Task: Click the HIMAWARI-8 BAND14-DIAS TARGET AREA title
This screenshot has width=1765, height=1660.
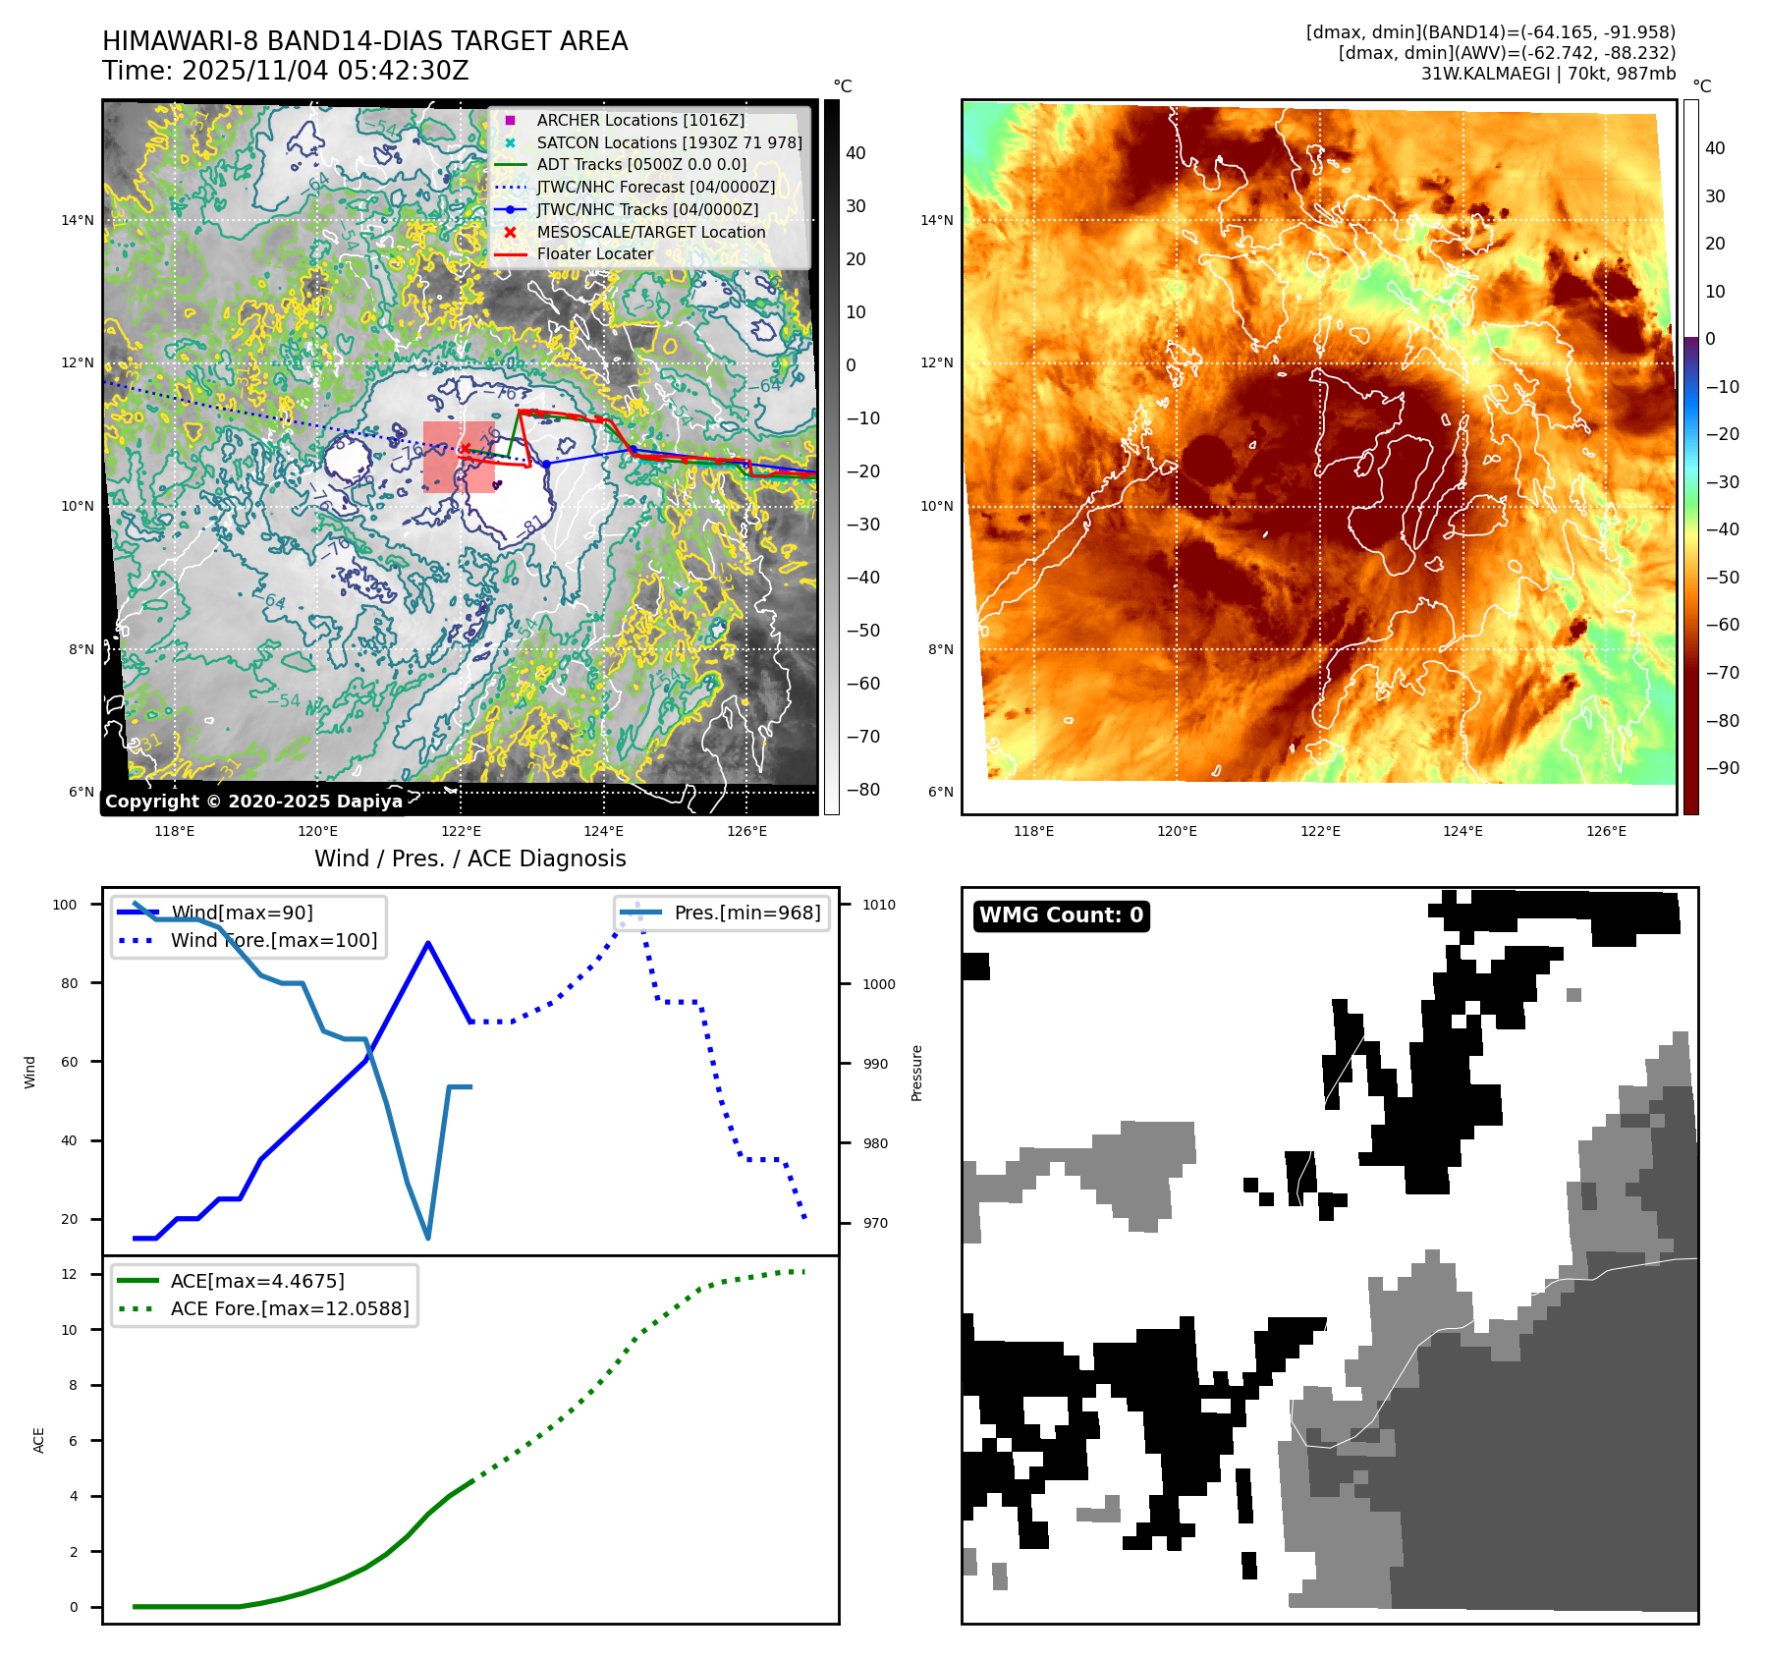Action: point(364,41)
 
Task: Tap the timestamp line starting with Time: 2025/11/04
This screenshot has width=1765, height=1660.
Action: point(285,71)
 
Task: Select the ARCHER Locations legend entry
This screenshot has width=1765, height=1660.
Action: point(640,120)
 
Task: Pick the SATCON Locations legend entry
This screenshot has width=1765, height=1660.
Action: point(669,142)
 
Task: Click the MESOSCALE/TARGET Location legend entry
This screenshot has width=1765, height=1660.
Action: point(650,232)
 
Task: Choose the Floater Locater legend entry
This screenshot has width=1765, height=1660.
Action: point(594,253)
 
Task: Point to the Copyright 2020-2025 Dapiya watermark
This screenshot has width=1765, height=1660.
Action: point(253,802)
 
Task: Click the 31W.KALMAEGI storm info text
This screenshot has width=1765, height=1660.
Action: point(1548,74)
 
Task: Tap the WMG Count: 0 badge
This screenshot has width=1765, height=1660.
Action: point(1061,915)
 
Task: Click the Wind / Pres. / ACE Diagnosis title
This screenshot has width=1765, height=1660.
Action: point(469,858)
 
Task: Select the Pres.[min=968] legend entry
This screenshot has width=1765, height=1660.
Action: point(746,913)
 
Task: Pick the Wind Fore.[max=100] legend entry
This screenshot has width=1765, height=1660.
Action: point(273,940)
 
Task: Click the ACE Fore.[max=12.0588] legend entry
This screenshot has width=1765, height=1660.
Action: point(289,1308)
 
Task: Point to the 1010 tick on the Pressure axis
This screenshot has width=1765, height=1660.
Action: point(879,905)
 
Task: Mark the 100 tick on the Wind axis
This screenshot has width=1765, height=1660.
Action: point(65,905)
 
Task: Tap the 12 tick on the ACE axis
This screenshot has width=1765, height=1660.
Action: point(69,1274)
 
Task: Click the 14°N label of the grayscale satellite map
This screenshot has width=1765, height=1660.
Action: point(78,220)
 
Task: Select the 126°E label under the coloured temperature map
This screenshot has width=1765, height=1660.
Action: point(1606,831)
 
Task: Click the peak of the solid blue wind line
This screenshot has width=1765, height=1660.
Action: point(428,943)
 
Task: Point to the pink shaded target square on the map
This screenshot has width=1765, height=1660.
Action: point(458,458)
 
